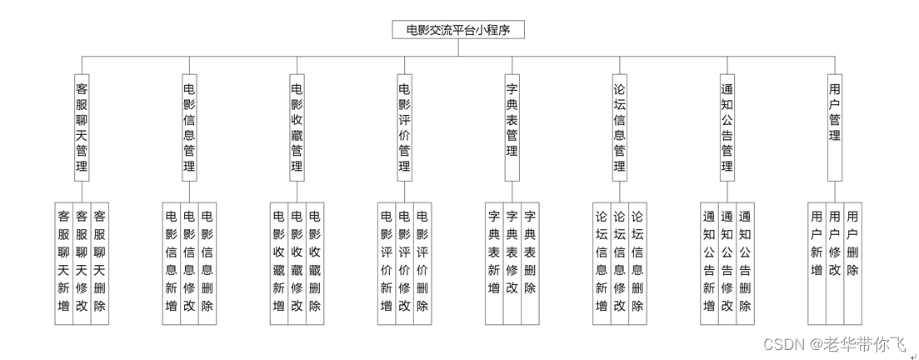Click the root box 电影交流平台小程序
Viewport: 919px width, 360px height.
458,30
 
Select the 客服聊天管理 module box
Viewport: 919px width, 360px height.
82,127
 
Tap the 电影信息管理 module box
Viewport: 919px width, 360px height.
189,127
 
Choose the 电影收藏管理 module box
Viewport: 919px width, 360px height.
297,127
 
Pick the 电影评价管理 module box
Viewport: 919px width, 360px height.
404,127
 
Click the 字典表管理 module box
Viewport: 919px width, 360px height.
512,127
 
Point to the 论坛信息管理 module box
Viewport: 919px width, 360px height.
619,127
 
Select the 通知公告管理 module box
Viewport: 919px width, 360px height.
727,127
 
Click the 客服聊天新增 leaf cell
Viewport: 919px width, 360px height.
64,262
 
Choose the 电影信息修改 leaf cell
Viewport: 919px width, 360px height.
189,262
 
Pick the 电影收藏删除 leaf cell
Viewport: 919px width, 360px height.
315,262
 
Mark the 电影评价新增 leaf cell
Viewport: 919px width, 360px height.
387,262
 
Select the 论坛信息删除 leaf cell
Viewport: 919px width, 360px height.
637,262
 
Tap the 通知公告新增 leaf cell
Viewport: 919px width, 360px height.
709,262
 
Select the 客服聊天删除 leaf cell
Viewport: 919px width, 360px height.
100,262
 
